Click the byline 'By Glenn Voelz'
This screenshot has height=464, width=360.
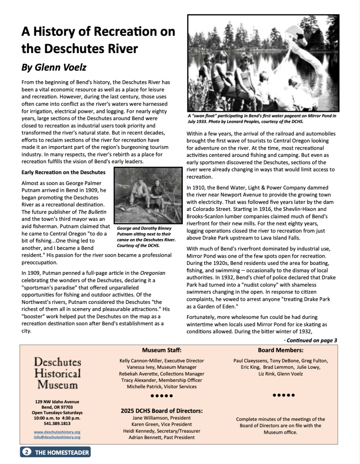pyautogui.click(x=54, y=68)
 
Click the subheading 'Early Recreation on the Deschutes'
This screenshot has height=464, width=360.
pyautogui.click(x=63, y=172)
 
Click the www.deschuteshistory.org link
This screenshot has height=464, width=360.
pyautogui.click(x=57, y=432)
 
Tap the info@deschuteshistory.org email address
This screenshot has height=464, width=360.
pyautogui.click(x=57, y=437)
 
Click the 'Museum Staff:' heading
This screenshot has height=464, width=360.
pyautogui.click(x=162, y=350)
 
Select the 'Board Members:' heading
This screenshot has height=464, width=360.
pyautogui.click(x=281, y=350)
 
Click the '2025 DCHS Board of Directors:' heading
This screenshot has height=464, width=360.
pyautogui.click(x=162, y=411)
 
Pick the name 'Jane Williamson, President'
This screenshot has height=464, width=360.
pyautogui.click(x=162, y=418)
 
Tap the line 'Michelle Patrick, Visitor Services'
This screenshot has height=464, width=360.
pyautogui.click(x=162, y=386)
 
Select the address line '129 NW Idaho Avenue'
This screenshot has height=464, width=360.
pyautogui.click(x=57, y=402)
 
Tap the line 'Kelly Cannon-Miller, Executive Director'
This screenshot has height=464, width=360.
pyautogui.click(x=162, y=361)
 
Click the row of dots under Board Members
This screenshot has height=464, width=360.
pyautogui.click(x=284, y=395)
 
